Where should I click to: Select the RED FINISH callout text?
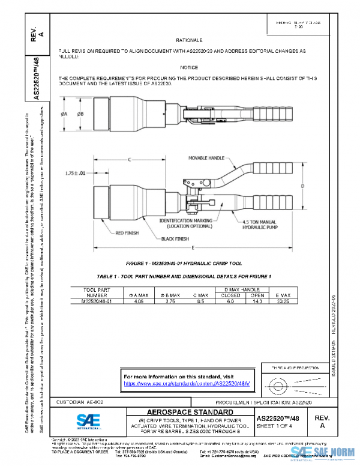[127, 233]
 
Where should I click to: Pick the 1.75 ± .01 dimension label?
[77, 174]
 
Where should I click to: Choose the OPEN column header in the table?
[257, 295]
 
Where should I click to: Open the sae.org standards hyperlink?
[187, 383]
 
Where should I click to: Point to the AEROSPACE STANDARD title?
[187, 412]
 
